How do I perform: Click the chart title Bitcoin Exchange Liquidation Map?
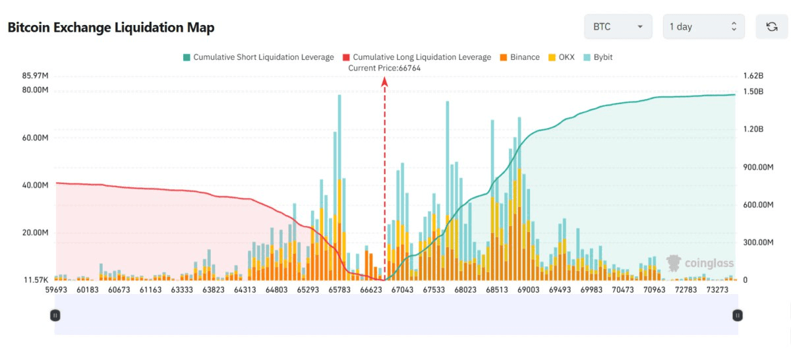pyautogui.click(x=111, y=28)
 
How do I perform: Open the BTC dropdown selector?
pyautogui.click(x=618, y=27)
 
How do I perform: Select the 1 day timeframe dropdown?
pyautogui.click(x=703, y=27)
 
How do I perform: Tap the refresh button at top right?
pyautogui.click(x=771, y=27)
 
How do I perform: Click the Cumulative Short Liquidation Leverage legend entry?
pyautogui.click(x=258, y=57)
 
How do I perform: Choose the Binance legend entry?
pyautogui.click(x=520, y=57)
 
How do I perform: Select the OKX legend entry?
pyautogui.click(x=561, y=57)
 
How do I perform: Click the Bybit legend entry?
pyautogui.click(x=598, y=57)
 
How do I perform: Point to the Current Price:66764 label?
pyautogui.click(x=384, y=68)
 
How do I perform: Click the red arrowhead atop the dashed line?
pyautogui.click(x=384, y=80)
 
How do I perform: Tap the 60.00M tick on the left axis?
pyautogui.click(x=36, y=138)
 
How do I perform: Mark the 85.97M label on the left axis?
pyautogui.click(x=36, y=75)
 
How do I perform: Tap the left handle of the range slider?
pyautogui.click(x=55, y=316)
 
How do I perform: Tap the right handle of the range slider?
pyautogui.click(x=737, y=316)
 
